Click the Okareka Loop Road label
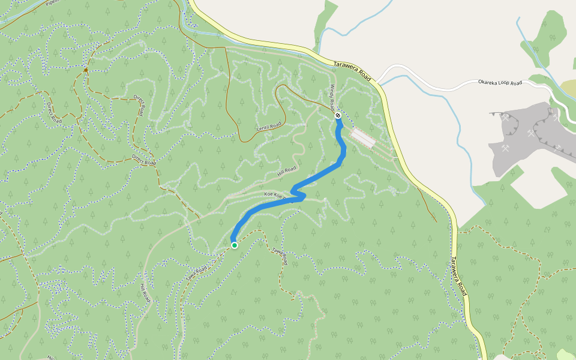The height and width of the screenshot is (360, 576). (500, 82)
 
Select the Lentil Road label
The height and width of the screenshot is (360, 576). (269, 126)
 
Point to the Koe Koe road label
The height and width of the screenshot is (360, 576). (277, 194)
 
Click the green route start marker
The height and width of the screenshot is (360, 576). (234, 245)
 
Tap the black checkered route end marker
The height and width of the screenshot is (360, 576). (338, 115)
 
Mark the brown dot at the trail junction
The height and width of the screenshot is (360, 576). (86, 70)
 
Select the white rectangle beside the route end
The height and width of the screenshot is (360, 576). (363, 138)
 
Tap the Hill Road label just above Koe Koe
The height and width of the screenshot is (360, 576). (287, 171)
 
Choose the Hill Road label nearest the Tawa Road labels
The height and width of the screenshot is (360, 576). (144, 293)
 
